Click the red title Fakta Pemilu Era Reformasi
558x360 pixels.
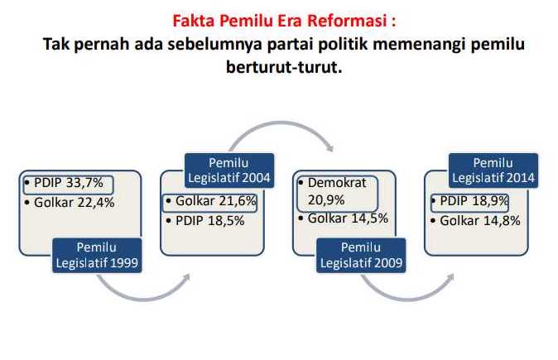pos(284,21)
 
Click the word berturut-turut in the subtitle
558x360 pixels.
pos(284,67)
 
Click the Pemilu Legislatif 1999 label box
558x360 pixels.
pos(97,256)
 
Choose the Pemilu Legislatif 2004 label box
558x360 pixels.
pos(229,170)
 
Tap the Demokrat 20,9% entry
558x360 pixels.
pos(337,193)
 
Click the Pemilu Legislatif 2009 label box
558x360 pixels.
pos(361,256)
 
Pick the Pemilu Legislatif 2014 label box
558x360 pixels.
pos(493,170)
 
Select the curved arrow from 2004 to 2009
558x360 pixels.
pos(281,122)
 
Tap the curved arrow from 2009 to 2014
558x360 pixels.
pos(408,299)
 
